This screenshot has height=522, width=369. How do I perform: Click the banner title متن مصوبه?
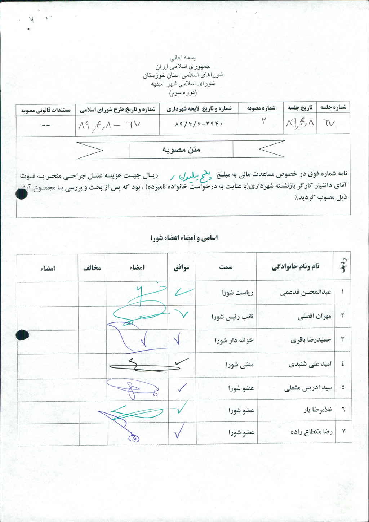181,150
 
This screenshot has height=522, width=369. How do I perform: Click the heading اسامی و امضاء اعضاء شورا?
184,238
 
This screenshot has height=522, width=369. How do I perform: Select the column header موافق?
182,268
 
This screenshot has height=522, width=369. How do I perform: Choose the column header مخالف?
92,268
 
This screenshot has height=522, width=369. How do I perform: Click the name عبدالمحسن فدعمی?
306,293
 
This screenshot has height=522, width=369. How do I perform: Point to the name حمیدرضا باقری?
311,339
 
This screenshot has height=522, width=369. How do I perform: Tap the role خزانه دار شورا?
234,340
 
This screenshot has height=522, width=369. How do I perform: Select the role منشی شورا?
240,365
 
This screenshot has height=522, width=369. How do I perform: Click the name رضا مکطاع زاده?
311,432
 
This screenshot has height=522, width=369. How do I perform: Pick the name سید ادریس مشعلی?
308,388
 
